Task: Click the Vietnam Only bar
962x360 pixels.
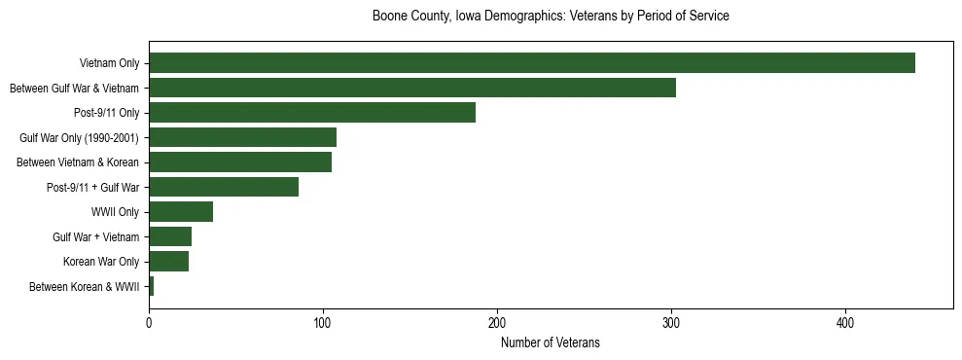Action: (x=532, y=63)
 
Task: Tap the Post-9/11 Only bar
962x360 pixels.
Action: (x=312, y=113)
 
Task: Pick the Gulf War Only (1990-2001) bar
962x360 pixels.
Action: (x=242, y=137)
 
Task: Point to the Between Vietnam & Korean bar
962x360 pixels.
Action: (x=240, y=162)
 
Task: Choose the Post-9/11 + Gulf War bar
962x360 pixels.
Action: (x=224, y=187)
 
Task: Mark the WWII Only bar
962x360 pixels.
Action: (x=181, y=212)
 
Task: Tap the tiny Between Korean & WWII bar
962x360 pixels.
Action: (x=152, y=286)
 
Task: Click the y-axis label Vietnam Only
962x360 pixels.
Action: (x=110, y=64)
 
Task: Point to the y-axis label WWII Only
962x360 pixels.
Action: (x=115, y=212)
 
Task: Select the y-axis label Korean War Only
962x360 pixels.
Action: (x=101, y=262)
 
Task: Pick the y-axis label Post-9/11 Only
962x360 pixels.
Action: (x=106, y=113)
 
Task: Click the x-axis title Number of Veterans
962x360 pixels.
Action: (x=551, y=342)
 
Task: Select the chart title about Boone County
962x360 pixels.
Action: (x=551, y=17)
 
